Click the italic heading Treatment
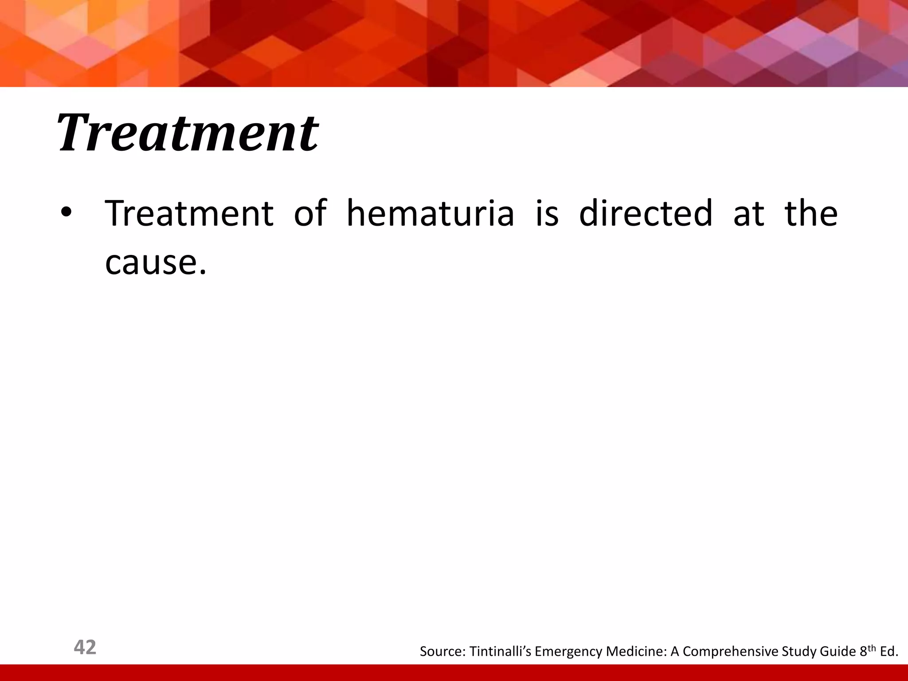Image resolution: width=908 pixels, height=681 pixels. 187,133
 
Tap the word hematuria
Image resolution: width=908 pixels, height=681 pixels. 430,213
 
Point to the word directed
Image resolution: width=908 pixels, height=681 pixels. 646,213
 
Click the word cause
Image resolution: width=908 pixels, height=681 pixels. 155,262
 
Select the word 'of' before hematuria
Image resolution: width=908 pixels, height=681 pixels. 310,213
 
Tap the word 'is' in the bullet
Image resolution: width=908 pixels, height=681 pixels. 547,213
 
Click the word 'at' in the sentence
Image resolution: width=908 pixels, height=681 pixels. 748,213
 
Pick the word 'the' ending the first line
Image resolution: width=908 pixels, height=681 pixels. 811,213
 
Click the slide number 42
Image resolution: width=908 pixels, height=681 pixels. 85,647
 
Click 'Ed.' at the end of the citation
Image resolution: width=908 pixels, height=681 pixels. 889,651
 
